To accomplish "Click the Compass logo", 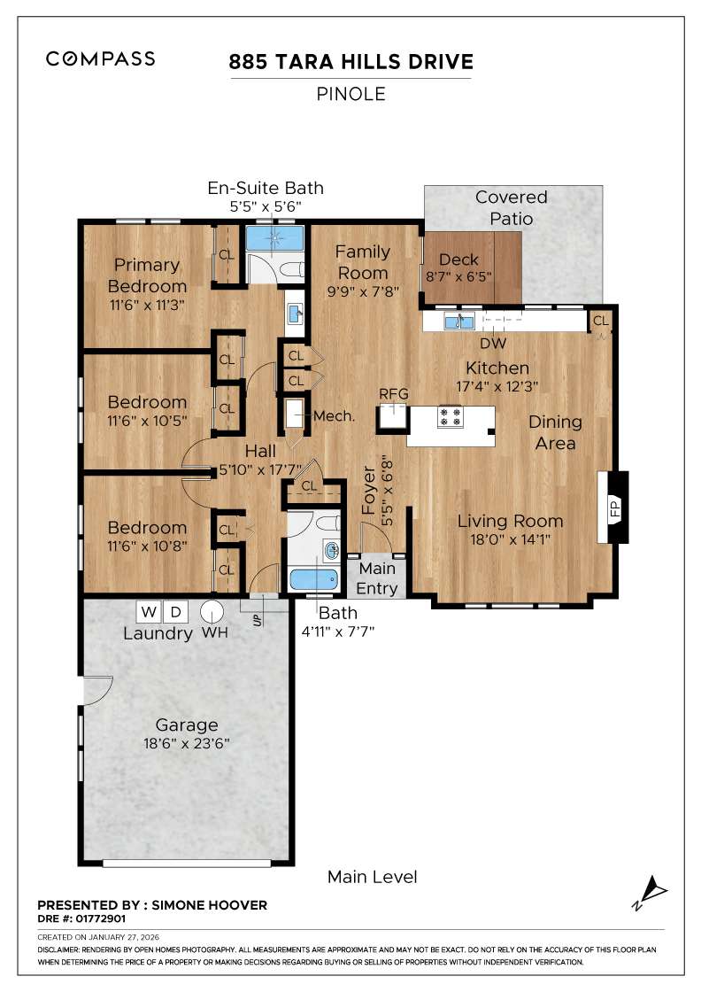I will point(100,59).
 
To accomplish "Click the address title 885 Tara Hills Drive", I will point(350,62).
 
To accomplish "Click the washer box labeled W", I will point(148,612).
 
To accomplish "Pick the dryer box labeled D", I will point(176,612).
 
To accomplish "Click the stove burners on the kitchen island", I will point(451,416).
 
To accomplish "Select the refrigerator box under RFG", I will point(392,416).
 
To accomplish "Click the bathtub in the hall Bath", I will point(314,582).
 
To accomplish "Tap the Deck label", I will point(458,260).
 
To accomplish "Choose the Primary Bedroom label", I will point(147,275).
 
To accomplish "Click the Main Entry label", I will point(376,578).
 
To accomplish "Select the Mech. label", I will point(335,416).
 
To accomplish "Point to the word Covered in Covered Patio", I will point(512,197).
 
